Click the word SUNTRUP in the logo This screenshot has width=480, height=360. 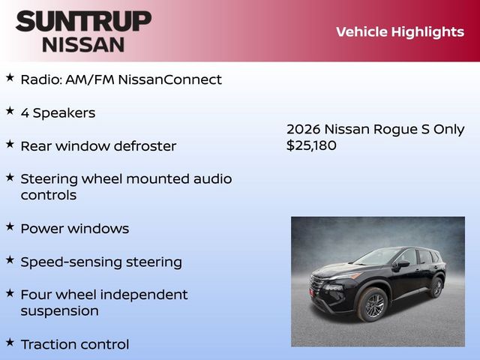pos(83,21)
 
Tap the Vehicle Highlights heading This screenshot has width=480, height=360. pos(400,31)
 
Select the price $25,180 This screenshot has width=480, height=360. pos(311,145)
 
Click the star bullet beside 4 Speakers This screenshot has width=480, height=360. pos(10,110)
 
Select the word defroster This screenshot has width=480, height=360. pos(143,145)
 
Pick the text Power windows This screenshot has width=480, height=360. pos(74,228)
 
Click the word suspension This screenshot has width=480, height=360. pos(59,310)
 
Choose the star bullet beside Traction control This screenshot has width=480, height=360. pos(10,342)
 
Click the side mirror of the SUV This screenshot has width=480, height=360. pos(403,264)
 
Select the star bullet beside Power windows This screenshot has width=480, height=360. pos(10,226)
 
